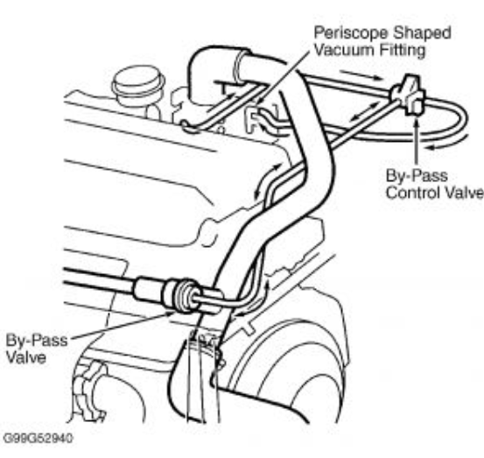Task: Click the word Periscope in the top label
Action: coord(351,33)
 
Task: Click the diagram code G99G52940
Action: coord(38,438)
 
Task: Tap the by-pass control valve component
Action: coord(409,95)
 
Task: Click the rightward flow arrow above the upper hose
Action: coord(361,75)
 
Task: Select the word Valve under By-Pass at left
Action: coord(26,357)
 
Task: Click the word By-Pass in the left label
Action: coord(37,341)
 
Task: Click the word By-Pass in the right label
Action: coord(417,175)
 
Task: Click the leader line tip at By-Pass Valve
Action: coord(173,313)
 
